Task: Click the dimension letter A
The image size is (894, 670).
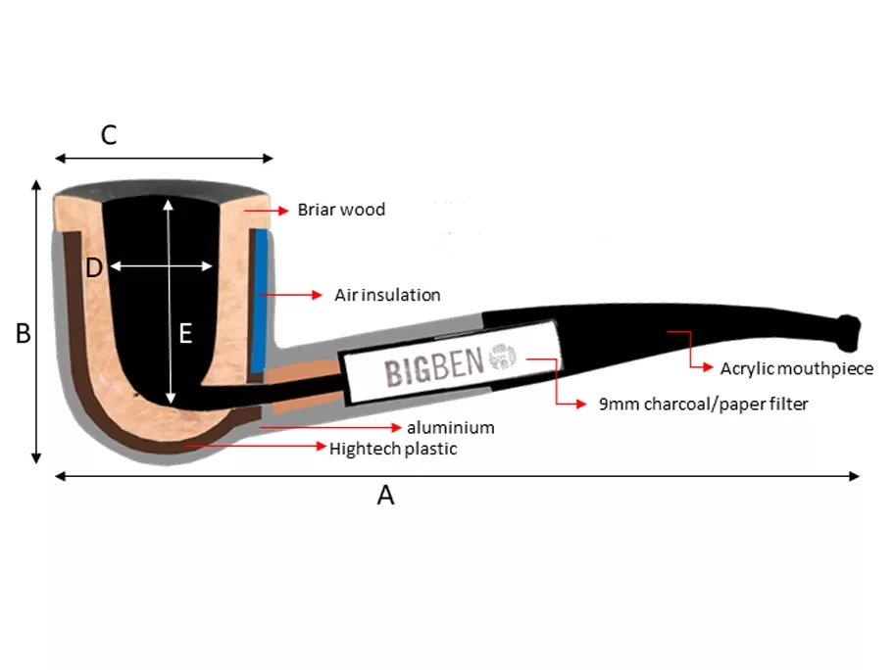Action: click(386, 496)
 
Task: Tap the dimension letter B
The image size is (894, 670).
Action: click(24, 334)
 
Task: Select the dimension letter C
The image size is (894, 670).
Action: click(109, 135)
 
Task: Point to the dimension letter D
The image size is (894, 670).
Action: click(94, 267)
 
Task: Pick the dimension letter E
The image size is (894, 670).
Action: click(185, 334)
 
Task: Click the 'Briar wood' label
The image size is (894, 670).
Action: click(341, 210)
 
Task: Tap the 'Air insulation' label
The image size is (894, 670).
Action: click(387, 295)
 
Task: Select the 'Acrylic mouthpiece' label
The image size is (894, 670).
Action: click(796, 368)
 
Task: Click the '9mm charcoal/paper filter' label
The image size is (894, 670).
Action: click(703, 404)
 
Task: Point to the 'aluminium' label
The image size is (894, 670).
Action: click(450, 428)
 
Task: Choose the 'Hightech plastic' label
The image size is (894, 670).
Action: click(393, 449)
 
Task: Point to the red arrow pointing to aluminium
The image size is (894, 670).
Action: click(332, 428)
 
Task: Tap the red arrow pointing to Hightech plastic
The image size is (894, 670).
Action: click(255, 447)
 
